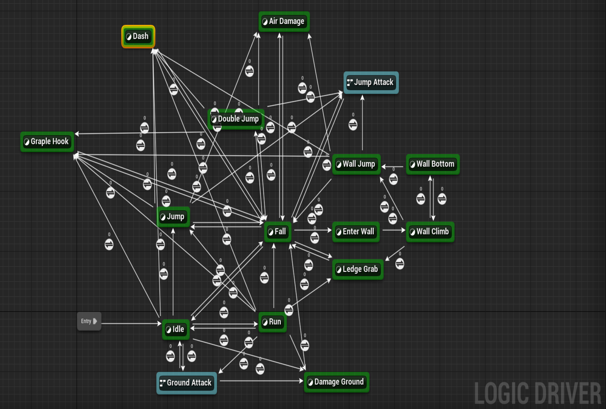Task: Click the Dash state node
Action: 138,36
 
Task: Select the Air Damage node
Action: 284,21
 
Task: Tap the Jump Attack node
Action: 371,82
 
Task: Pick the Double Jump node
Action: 236,119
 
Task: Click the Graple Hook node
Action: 47,142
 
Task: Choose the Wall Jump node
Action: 356,164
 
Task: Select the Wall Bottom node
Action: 433,164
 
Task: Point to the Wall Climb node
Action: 430,231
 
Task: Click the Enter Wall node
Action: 356,231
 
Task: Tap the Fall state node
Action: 278,231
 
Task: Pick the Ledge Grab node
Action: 358,269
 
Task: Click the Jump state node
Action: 173,217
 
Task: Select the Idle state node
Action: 176,329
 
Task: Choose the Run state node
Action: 272,322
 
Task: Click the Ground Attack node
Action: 186,383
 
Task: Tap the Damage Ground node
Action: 336,382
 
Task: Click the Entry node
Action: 89,321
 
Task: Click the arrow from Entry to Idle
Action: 131,323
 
